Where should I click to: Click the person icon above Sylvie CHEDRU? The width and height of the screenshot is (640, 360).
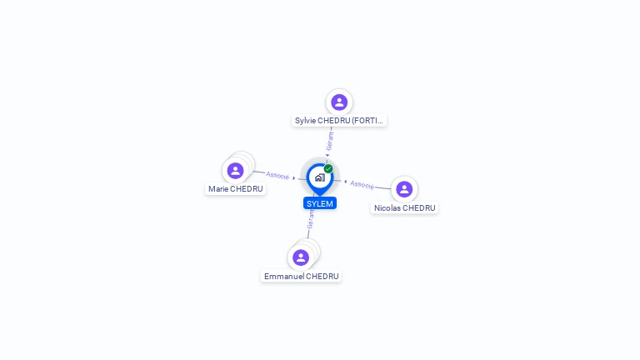(339, 102)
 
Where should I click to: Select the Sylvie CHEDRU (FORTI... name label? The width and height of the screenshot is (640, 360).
(339, 121)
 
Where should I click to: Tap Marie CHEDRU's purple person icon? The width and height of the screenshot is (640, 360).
(236, 170)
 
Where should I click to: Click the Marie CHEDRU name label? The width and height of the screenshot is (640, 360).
(236, 189)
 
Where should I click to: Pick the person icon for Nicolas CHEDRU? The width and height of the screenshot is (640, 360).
(404, 189)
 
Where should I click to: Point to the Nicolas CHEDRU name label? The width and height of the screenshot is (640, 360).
(404, 208)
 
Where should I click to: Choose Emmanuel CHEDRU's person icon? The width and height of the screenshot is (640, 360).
(301, 257)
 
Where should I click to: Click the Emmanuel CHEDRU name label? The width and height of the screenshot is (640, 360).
(302, 276)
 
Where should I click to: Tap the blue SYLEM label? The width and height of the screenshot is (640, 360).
(320, 203)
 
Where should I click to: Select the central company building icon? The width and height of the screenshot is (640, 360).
(319, 177)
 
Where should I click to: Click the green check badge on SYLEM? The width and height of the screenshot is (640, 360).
(328, 168)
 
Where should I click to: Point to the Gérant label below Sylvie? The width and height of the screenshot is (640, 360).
(330, 141)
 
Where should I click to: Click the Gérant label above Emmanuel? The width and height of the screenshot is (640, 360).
(311, 219)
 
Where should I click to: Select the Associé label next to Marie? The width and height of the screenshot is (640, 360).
(277, 176)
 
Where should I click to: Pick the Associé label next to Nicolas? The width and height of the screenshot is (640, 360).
(362, 183)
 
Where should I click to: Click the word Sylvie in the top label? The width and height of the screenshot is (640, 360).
(305, 121)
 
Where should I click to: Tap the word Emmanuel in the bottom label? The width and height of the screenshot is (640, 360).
(283, 276)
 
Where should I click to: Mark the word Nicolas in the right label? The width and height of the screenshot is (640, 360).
(387, 208)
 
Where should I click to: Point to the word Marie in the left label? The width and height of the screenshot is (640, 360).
(217, 189)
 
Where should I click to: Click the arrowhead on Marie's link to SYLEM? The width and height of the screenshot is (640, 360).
(294, 177)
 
